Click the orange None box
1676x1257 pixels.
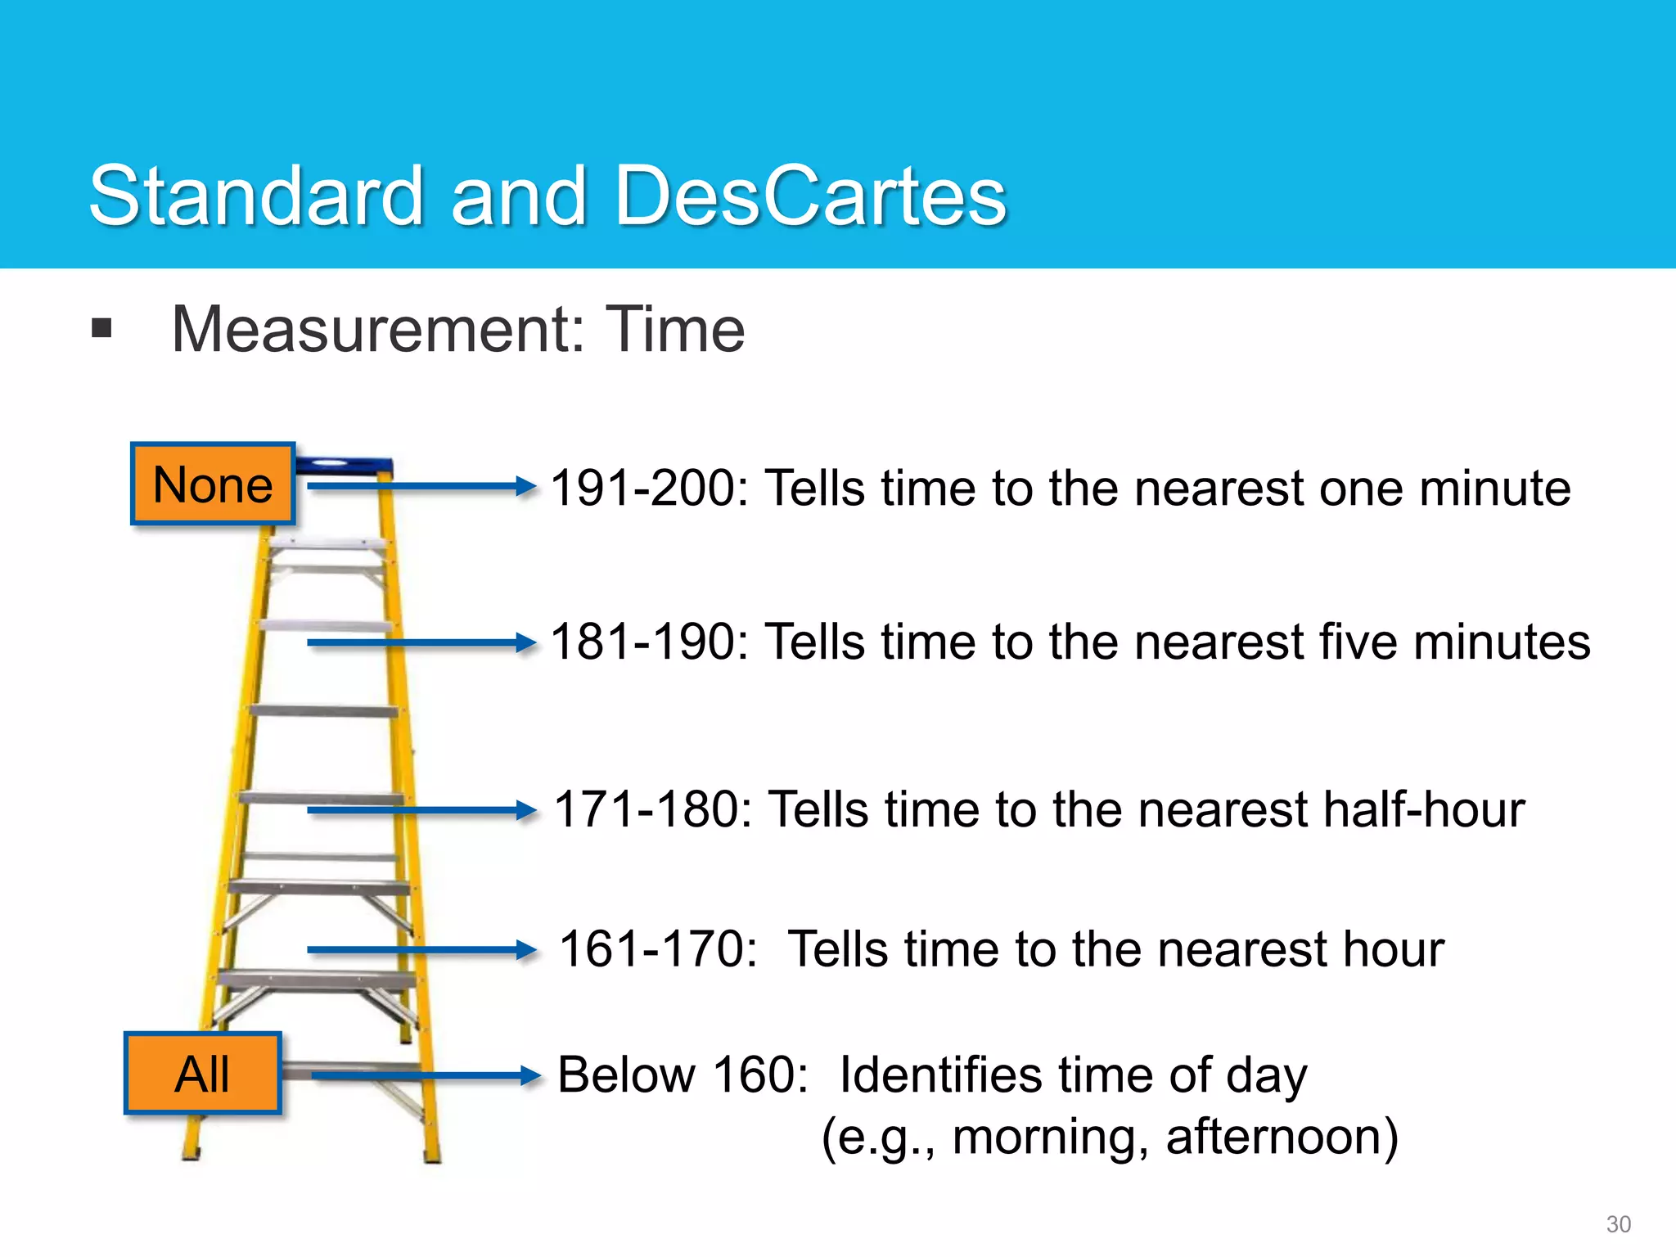point(213,484)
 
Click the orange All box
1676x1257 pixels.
point(203,1074)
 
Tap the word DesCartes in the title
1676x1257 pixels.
point(810,196)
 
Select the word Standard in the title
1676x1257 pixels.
point(256,196)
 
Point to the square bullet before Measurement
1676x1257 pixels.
point(102,329)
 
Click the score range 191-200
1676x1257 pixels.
point(649,489)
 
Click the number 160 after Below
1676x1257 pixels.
point(760,1075)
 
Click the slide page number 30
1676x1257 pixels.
point(1618,1224)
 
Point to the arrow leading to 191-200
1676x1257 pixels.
point(421,486)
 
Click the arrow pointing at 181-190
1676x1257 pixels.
point(421,643)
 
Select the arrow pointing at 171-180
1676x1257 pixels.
point(421,811)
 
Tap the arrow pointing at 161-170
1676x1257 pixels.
point(421,950)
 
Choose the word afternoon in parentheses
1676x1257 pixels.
point(1282,1137)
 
